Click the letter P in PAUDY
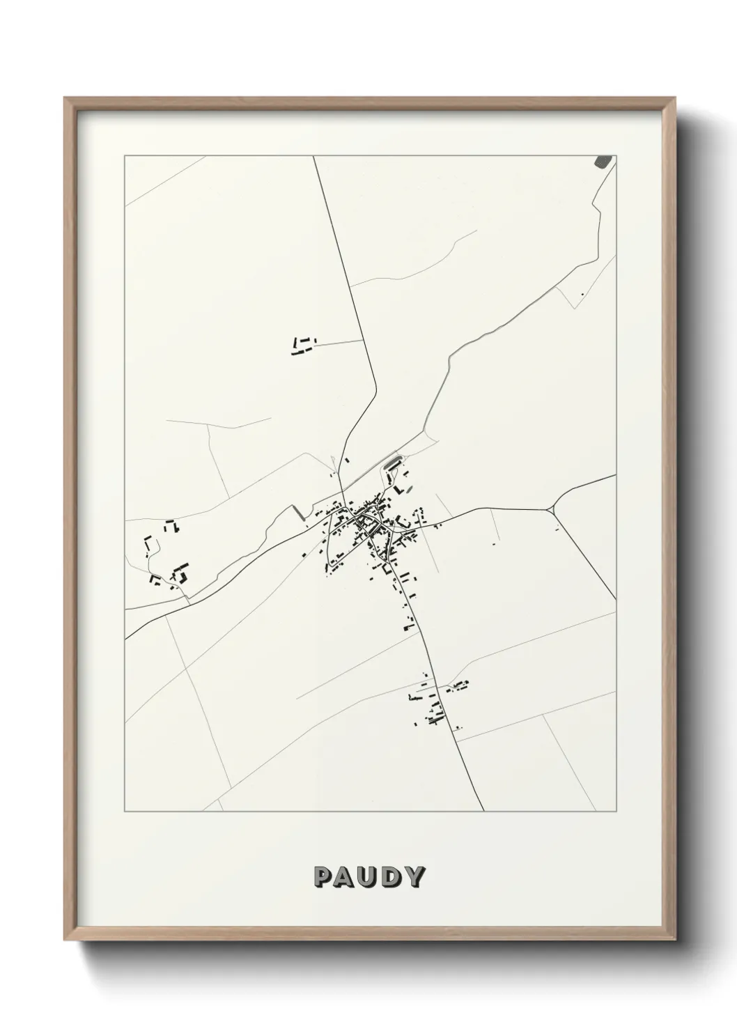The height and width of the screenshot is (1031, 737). (x=323, y=877)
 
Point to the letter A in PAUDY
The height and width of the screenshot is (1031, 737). (x=346, y=877)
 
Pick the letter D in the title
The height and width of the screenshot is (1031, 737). (x=391, y=877)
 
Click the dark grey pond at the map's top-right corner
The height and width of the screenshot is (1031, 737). (x=603, y=162)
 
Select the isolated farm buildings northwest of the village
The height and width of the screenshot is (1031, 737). (x=302, y=346)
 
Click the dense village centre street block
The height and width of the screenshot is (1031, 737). (x=366, y=522)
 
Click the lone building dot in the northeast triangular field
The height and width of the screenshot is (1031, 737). (x=581, y=294)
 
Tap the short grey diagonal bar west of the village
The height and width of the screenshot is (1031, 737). (x=298, y=512)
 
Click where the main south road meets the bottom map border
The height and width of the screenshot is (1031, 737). (x=483, y=811)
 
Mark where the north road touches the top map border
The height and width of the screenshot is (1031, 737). (x=313, y=157)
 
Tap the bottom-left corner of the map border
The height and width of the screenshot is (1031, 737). (x=125, y=812)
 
